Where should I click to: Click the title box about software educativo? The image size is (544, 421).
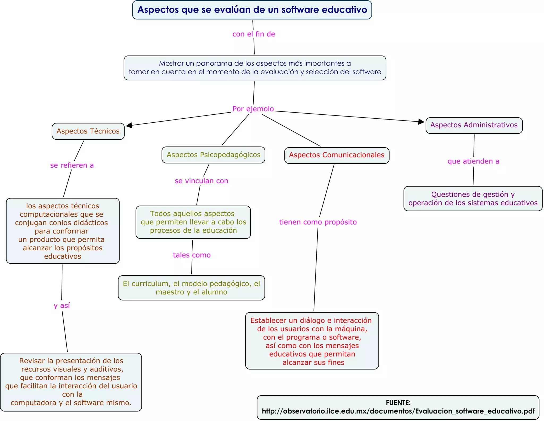(x=252, y=10)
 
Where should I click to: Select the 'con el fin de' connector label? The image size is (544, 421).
(x=253, y=34)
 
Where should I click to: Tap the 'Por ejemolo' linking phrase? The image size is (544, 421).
(x=253, y=109)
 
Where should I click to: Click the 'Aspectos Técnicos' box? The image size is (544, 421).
(x=88, y=131)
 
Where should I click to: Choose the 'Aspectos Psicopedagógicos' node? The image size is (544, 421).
(x=213, y=155)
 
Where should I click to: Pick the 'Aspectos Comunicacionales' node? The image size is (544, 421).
(x=337, y=155)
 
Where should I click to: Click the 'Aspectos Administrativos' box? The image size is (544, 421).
(x=474, y=125)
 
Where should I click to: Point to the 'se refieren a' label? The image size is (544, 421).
(x=72, y=165)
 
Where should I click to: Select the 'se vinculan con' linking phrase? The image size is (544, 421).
(x=201, y=181)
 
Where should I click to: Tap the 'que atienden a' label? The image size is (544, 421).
(x=473, y=161)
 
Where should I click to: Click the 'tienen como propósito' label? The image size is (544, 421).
(x=318, y=222)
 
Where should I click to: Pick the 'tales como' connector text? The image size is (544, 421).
(x=192, y=255)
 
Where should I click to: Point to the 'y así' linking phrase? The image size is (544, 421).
(x=62, y=305)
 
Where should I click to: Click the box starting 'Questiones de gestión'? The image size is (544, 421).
(x=473, y=199)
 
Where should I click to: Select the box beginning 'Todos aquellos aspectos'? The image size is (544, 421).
(x=193, y=222)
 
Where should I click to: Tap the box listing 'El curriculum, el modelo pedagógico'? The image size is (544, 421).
(x=191, y=288)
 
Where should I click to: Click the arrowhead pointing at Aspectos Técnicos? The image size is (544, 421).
(x=129, y=125)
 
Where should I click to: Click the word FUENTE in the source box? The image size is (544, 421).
(x=398, y=403)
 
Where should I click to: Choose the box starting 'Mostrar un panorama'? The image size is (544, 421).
(x=255, y=68)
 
